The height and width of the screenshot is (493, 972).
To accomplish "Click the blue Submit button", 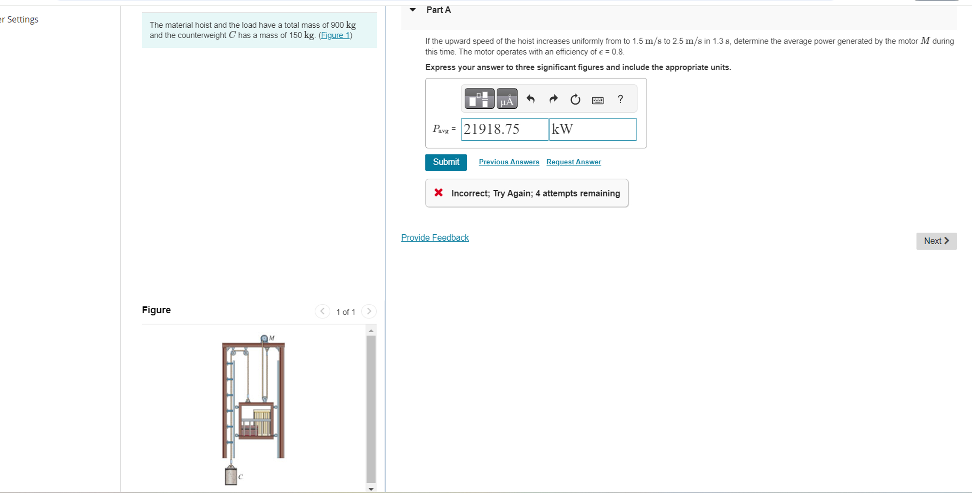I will tap(445, 162).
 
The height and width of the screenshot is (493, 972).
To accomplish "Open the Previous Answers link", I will tap(509, 162).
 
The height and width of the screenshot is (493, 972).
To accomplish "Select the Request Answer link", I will tap(573, 162).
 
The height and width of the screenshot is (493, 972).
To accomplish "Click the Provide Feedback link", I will tap(435, 238).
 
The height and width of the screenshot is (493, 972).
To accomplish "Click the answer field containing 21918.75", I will tap(504, 129).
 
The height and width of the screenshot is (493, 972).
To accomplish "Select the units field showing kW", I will tap(592, 129).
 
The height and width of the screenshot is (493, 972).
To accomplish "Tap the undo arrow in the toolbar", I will tap(530, 99).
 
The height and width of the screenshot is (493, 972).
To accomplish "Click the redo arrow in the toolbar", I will tap(553, 99).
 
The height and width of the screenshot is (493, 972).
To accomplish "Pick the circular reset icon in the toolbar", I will tap(575, 99).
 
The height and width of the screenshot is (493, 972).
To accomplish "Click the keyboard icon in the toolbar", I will tap(597, 100).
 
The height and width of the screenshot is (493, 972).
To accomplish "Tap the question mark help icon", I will tap(620, 99).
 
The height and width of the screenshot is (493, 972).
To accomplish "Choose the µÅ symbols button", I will tap(507, 99).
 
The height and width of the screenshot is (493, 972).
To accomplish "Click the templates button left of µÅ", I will tap(479, 99).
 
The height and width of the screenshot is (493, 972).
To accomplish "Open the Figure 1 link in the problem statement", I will tap(335, 35).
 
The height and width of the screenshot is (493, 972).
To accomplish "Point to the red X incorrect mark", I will tap(438, 193).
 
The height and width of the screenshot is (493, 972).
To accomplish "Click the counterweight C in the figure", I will tap(231, 475).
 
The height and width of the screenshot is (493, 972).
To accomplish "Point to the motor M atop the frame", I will tap(265, 338).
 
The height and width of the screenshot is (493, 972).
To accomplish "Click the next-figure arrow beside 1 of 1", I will tap(369, 312).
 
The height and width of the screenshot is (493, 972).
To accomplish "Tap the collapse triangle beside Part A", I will tap(413, 10).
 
